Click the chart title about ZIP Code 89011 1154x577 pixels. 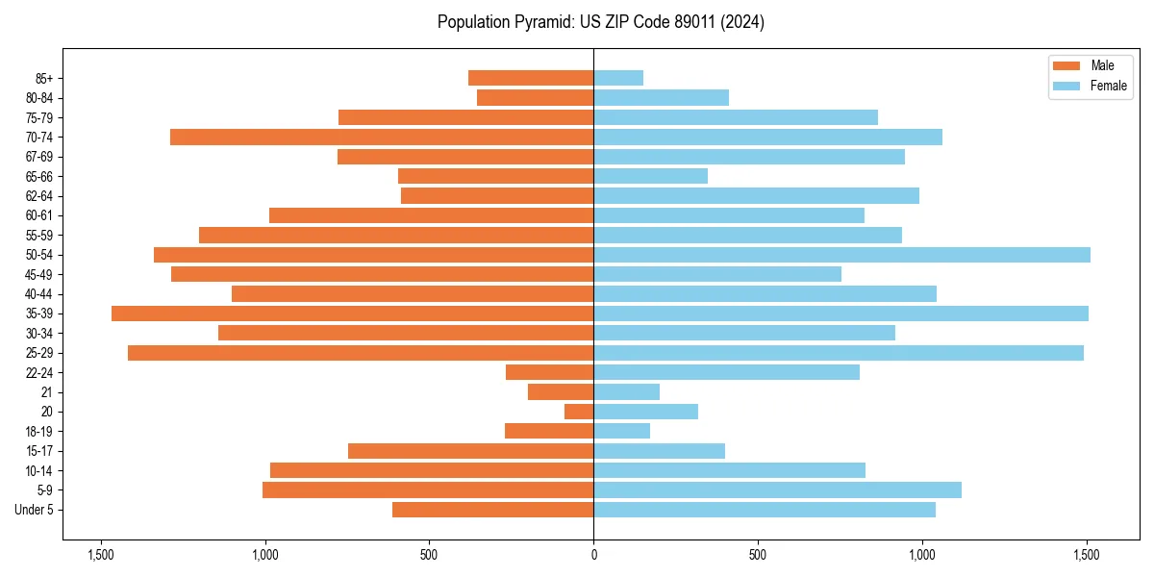click(600, 22)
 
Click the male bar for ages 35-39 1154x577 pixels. click(352, 314)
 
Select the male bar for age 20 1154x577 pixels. click(579, 412)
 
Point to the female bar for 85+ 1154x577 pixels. click(618, 78)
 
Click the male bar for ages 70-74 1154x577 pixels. click(382, 137)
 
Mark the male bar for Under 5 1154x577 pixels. click(492, 510)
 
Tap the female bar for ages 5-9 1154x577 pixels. click(777, 490)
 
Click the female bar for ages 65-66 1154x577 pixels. click(650, 176)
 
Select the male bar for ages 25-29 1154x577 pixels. click(361, 353)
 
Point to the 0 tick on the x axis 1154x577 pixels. click(593, 555)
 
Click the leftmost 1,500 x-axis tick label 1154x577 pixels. click(100, 555)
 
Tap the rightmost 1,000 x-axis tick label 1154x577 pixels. click(922, 555)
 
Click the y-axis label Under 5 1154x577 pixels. click(34, 510)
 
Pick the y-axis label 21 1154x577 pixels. click(46, 392)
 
